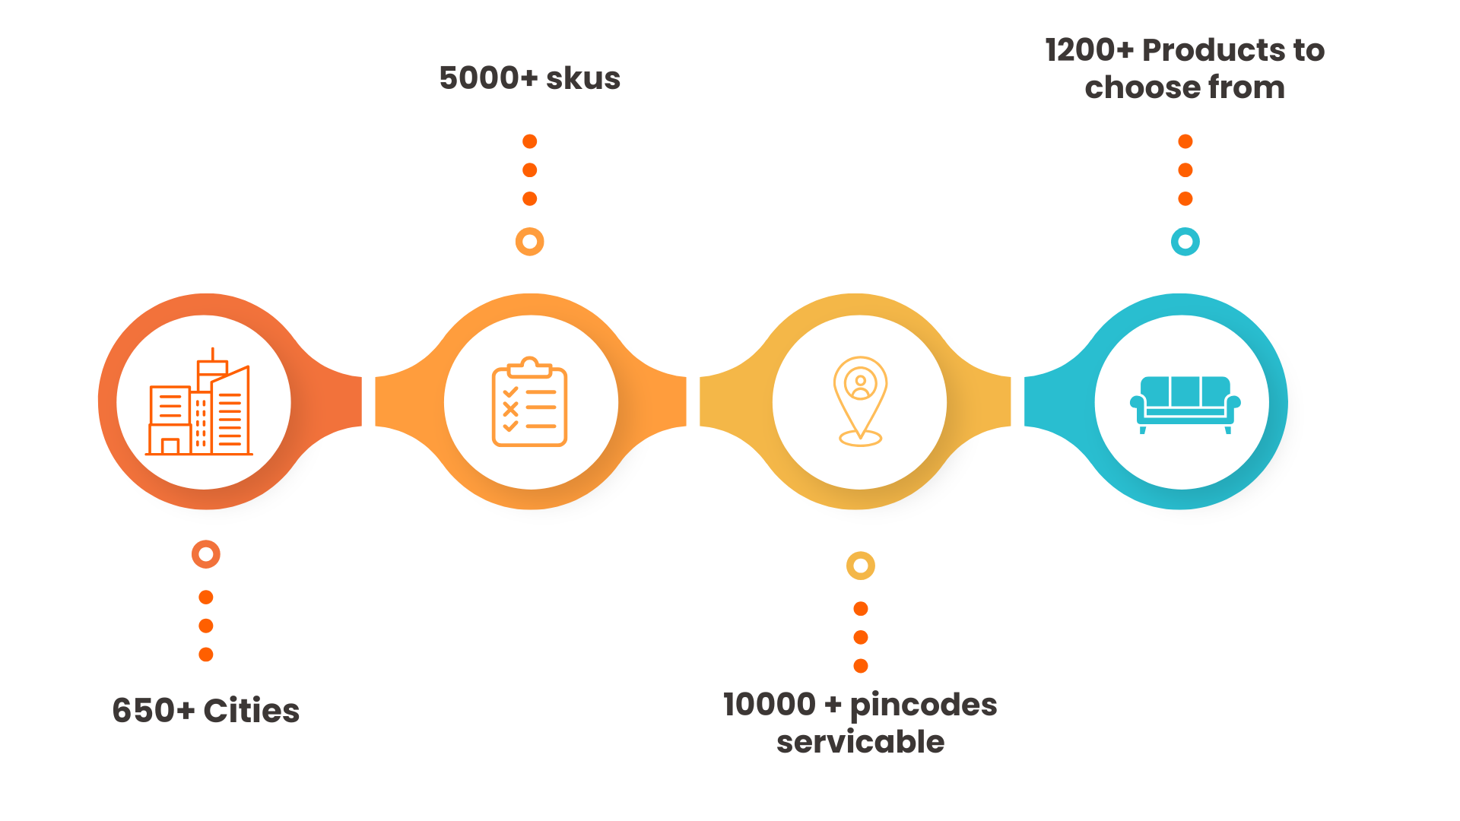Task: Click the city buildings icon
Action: coord(199,403)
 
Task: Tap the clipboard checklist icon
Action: coord(530,403)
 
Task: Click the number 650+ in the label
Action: coord(153,711)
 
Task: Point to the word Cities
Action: coord(252,711)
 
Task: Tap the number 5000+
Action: coord(488,78)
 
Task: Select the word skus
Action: coord(583,78)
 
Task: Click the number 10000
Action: coord(770,705)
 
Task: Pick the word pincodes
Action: coord(923,705)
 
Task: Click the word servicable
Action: coord(860,742)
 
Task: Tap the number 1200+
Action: coord(1089,50)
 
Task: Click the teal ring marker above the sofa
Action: coord(1185,242)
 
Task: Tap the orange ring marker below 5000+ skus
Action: coord(530,242)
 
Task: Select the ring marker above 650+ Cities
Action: coord(206,554)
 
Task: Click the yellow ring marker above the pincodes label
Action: coord(861,566)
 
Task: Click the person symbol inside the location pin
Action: coord(860,385)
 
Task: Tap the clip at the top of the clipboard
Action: coord(530,367)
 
